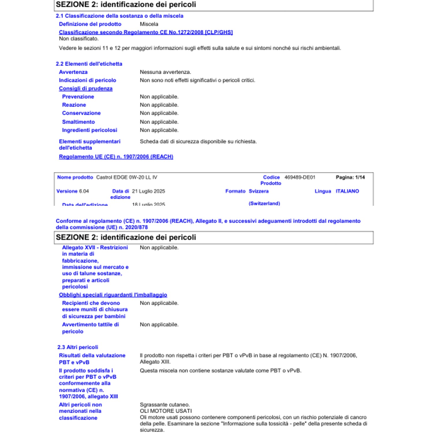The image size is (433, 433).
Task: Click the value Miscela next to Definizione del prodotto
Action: tap(149, 24)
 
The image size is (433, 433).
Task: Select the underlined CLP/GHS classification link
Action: tap(146, 32)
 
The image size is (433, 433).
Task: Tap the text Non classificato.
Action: tap(79, 39)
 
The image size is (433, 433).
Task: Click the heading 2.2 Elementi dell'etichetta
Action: tap(89, 64)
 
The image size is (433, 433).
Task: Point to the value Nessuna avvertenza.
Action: tap(165, 72)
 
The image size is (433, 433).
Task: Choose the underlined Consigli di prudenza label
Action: tap(86, 89)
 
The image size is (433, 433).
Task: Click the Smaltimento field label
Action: tap(79, 122)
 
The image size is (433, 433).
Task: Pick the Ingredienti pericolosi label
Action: tap(89, 130)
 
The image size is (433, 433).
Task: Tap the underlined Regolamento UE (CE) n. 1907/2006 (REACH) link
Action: tap(116, 157)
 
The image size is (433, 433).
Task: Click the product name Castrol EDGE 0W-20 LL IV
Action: tap(127, 177)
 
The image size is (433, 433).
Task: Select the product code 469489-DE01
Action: tap(300, 177)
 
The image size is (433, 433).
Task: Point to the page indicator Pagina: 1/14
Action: tap(350, 177)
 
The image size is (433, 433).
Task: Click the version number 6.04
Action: tap(84, 191)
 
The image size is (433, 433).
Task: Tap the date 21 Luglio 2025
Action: tap(148, 191)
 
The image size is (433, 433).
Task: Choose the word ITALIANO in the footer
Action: tap(347, 191)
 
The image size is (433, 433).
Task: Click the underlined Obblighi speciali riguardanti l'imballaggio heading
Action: tap(113, 295)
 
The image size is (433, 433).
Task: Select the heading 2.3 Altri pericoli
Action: tap(78, 347)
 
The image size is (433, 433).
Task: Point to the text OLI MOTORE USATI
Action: tap(166, 411)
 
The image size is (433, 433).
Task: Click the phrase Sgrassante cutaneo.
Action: tap(165, 405)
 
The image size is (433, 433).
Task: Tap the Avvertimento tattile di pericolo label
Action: tap(90, 328)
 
